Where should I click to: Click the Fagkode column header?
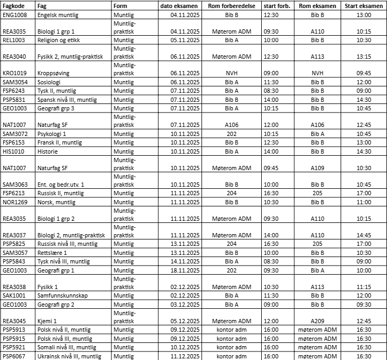pos(12,5)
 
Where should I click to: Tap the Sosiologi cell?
pos(49,82)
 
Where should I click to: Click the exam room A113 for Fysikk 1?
pos(318,286)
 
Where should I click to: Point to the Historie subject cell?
pos(47,151)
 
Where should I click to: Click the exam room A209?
pos(318,321)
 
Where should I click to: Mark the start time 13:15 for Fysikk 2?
pos(364,57)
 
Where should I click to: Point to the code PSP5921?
pos(14,347)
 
